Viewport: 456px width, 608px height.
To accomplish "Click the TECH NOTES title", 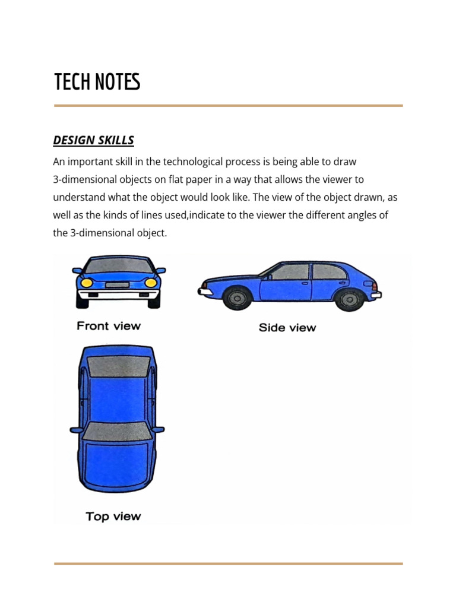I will (97, 83).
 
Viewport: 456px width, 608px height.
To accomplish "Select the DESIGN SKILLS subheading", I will (93, 141).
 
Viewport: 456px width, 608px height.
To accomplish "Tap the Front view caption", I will (109, 325).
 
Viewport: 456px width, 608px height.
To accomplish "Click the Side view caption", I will (287, 327).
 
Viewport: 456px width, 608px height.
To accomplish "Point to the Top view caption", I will (113, 517).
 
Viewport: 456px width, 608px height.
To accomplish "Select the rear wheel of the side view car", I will (349, 299).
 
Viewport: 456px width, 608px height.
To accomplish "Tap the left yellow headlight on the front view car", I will (87, 283).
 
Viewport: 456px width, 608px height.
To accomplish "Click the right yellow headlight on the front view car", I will (151, 283).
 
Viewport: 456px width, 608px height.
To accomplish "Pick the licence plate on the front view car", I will (117, 284).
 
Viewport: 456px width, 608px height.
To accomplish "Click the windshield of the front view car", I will (119, 265).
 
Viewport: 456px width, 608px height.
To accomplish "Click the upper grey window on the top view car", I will (118, 367).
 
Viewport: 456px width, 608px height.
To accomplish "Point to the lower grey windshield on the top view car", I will (116, 430).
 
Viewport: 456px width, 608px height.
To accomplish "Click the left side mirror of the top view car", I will (76, 430).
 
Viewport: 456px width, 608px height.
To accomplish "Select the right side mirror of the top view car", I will (158, 429).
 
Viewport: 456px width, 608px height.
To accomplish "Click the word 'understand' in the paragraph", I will (77, 197).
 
